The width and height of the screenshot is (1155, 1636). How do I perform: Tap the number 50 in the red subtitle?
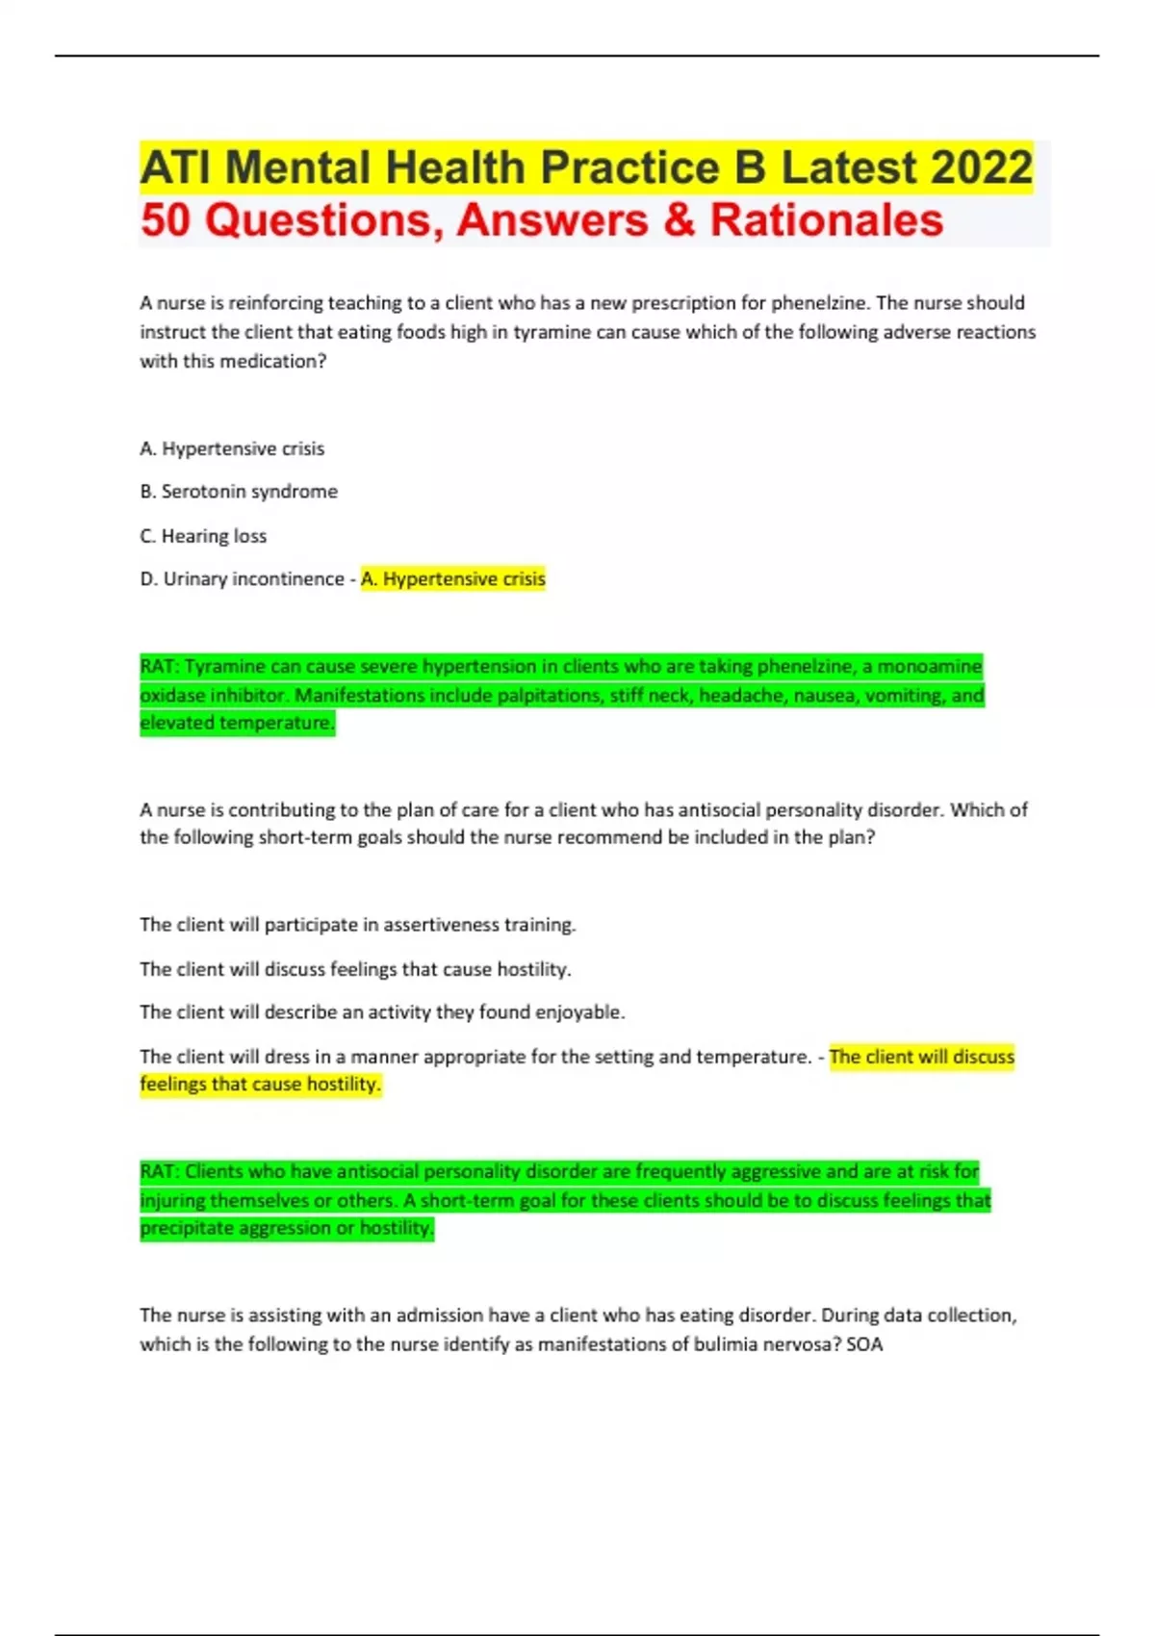tap(166, 220)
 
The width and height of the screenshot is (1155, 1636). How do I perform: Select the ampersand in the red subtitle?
tap(679, 220)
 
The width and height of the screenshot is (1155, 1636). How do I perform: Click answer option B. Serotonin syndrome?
tap(239, 492)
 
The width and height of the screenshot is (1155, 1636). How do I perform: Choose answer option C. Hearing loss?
tap(203, 536)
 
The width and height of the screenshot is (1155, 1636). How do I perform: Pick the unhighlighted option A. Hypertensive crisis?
tap(232, 448)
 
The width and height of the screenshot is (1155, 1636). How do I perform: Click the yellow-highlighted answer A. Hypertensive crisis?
tap(452, 579)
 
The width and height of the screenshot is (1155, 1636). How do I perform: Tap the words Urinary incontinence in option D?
tap(253, 579)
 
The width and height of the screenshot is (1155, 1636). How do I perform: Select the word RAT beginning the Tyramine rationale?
tap(158, 667)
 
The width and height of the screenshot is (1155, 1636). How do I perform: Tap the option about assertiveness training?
tap(357, 925)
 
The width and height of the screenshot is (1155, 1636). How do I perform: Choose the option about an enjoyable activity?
tap(382, 1012)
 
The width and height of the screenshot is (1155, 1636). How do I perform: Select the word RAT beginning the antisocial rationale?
tap(158, 1172)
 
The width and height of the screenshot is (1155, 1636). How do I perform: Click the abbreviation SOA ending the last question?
tap(864, 1344)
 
